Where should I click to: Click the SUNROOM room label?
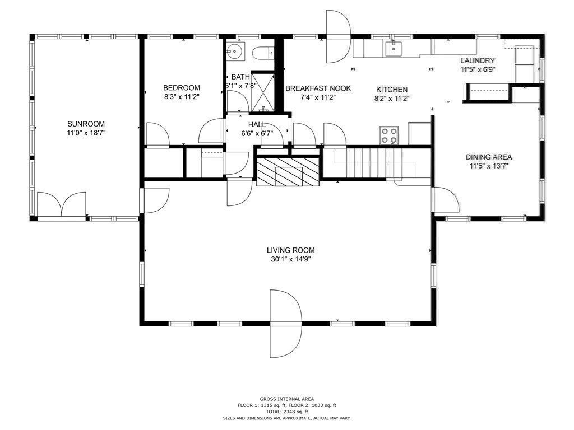pos(86,124)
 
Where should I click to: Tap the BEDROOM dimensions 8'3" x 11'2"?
pos(181,97)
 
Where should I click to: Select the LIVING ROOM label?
pos(290,250)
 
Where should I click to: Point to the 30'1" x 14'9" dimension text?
pos(290,259)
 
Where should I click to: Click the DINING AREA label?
pos(488,157)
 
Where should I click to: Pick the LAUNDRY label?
pos(478,60)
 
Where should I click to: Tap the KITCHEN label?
pos(392,89)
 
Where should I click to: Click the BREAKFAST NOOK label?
pos(318,88)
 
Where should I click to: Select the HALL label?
pos(257,124)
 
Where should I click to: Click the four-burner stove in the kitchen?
pos(390,135)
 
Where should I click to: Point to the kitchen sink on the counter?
pos(394,49)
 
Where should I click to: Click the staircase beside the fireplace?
pos(364,163)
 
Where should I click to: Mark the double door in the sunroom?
pos(62,204)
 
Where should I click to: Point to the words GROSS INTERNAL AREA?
pos(286,399)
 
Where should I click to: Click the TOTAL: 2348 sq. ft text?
pos(286,412)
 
